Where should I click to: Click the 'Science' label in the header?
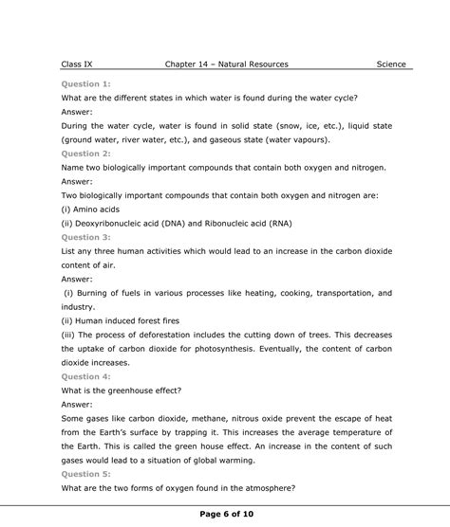[390, 64]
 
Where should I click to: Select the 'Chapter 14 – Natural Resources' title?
[226, 64]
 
